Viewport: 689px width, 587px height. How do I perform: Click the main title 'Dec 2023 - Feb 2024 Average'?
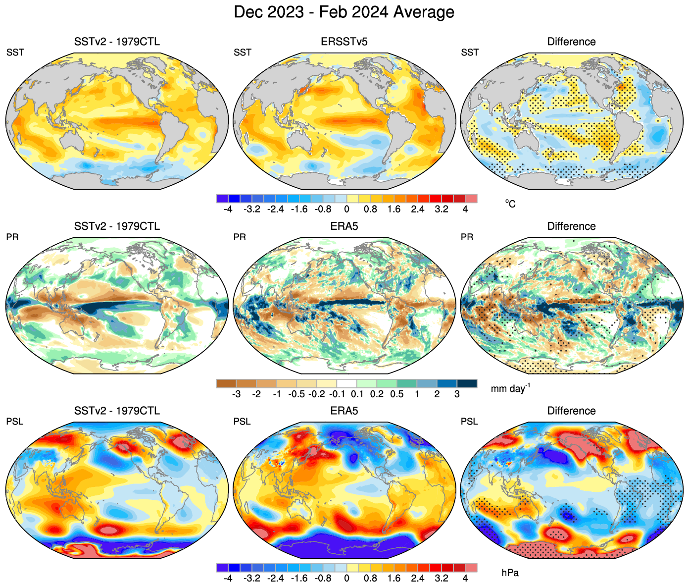(344, 12)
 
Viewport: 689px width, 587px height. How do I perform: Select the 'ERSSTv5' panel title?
(344, 42)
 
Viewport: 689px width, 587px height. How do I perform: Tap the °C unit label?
(510, 204)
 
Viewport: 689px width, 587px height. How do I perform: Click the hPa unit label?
(510, 573)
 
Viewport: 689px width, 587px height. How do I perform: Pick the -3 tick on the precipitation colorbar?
(237, 394)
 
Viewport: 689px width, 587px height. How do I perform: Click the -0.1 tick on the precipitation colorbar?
(337, 394)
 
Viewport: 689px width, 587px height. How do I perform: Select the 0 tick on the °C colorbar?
(346, 209)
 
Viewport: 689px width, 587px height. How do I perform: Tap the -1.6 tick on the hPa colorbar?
(299, 578)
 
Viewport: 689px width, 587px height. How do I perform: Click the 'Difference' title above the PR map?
(571, 226)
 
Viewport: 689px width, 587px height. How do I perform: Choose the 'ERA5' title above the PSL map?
(344, 411)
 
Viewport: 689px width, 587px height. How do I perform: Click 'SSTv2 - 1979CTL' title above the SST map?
(117, 42)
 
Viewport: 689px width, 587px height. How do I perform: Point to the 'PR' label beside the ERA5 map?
(240, 237)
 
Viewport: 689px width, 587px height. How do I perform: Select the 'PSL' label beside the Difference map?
(469, 422)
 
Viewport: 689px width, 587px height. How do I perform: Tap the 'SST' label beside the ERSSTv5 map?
(243, 53)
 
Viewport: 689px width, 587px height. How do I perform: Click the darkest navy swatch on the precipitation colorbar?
(467, 383)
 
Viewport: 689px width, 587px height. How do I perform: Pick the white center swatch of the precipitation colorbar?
(346, 383)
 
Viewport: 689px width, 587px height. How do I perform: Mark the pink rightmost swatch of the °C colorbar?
(471, 199)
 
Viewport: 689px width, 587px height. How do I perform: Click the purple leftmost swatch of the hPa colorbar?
(222, 568)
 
